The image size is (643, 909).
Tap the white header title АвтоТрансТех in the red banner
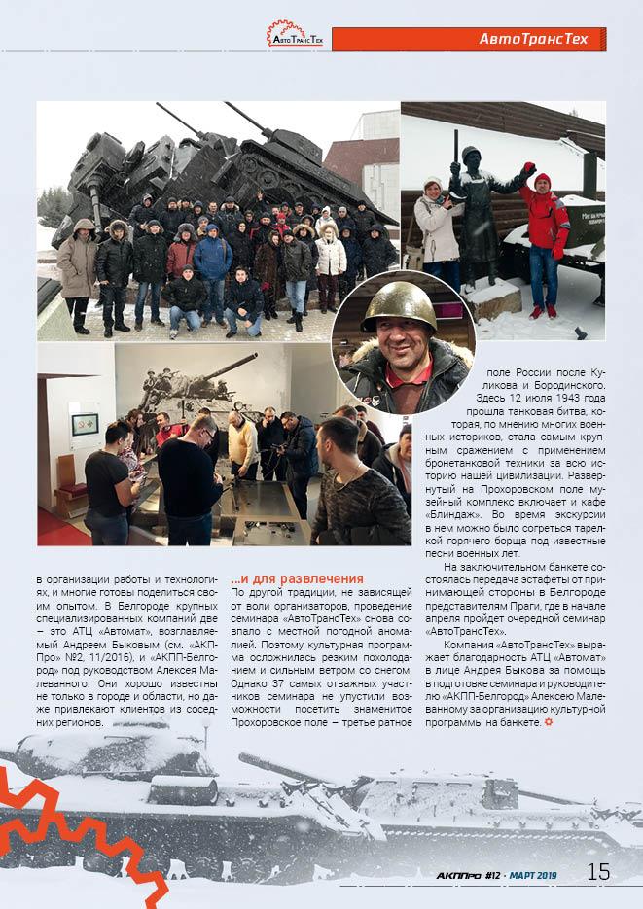pyautogui.click(x=533, y=40)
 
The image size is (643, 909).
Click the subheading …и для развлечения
pyautogui.click(x=284, y=579)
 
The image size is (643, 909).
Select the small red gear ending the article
pyautogui.click(x=550, y=722)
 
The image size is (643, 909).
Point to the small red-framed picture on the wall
pyautogui.click(x=85, y=425)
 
